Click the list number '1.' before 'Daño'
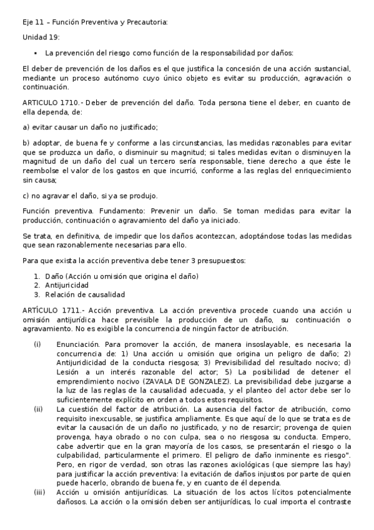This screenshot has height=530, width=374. click(37, 276)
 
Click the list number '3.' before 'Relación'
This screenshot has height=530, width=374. click(37, 294)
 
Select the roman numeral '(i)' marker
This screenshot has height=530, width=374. click(37, 344)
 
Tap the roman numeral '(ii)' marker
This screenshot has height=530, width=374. click(38, 409)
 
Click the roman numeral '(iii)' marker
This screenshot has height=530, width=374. click(39, 492)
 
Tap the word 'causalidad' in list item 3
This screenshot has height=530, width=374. click(105, 294)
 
